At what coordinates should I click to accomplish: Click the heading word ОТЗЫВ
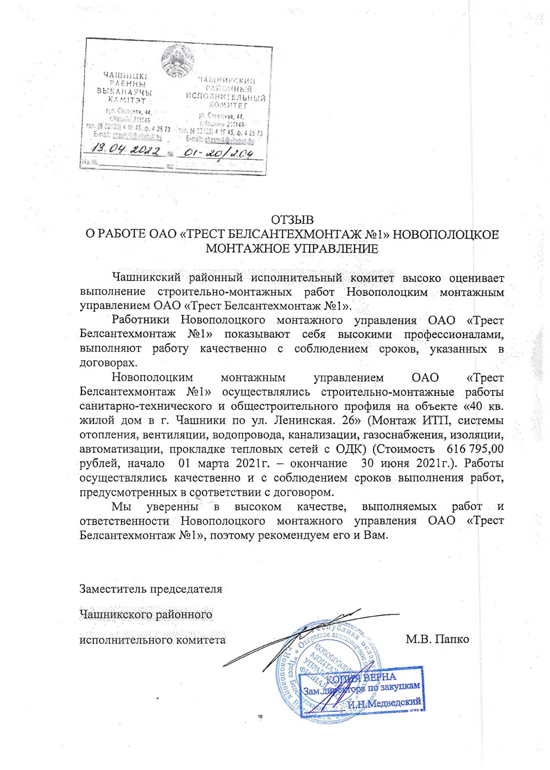pos(292,220)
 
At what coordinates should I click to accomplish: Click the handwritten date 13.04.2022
pos(126,150)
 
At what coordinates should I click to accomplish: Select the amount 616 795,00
pos(475,449)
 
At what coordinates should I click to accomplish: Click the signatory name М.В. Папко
pos(437,639)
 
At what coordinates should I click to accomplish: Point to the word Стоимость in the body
pos(403,449)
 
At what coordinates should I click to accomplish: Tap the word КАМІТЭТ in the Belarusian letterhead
pos(127,100)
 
